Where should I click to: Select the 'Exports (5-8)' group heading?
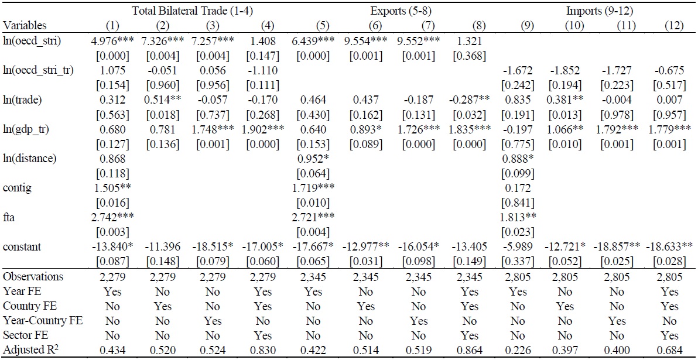pos(399,11)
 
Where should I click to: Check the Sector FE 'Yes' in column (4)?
pos(263,336)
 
